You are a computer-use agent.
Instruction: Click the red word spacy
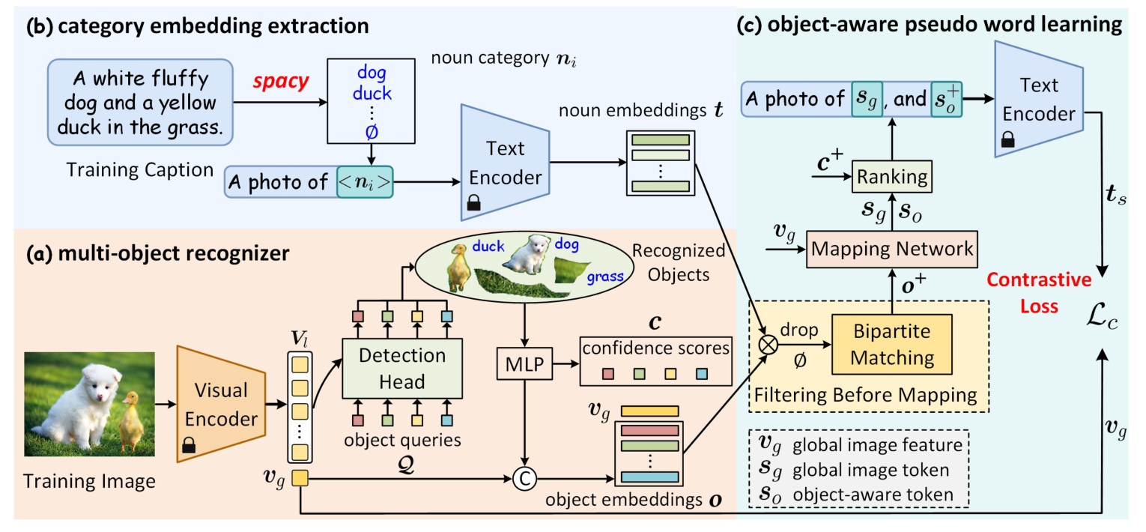[279, 81]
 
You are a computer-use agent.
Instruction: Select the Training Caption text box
[142, 101]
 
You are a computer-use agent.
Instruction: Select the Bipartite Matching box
[891, 345]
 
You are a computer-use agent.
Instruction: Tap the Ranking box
[891, 178]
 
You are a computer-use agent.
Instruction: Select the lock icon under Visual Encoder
[190, 448]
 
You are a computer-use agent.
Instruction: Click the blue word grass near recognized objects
[605, 276]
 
